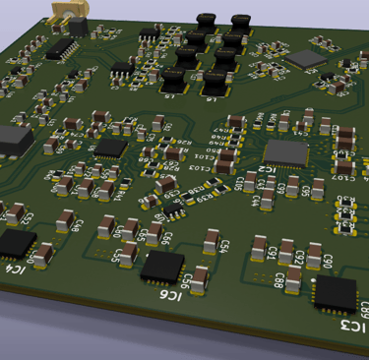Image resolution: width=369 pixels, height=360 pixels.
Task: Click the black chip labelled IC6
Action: (162, 266)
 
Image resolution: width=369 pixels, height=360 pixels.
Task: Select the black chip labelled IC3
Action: (335, 292)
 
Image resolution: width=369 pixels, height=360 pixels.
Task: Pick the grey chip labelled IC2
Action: (286, 151)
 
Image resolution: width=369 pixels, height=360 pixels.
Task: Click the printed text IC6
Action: (171, 295)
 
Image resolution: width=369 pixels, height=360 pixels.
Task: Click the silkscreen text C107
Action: (345, 178)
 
